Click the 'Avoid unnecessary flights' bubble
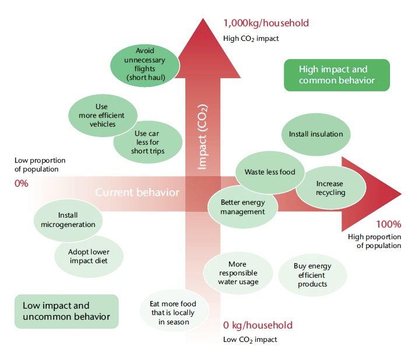[145, 64]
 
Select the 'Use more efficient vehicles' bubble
[102, 116]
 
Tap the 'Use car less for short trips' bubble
[149, 142]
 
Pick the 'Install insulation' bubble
[316, 134]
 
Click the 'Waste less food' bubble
[269, 172]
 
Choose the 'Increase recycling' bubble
[330, 188]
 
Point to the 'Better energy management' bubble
[242, 207]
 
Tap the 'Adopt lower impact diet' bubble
[89, 256]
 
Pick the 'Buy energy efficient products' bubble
[312, 275]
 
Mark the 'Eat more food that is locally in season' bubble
[173, 313]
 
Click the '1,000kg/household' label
[266, 23]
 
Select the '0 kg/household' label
[258, 325]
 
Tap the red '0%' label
[21, 183]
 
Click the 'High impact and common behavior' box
[336, 75]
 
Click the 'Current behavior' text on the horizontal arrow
[137, 193]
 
